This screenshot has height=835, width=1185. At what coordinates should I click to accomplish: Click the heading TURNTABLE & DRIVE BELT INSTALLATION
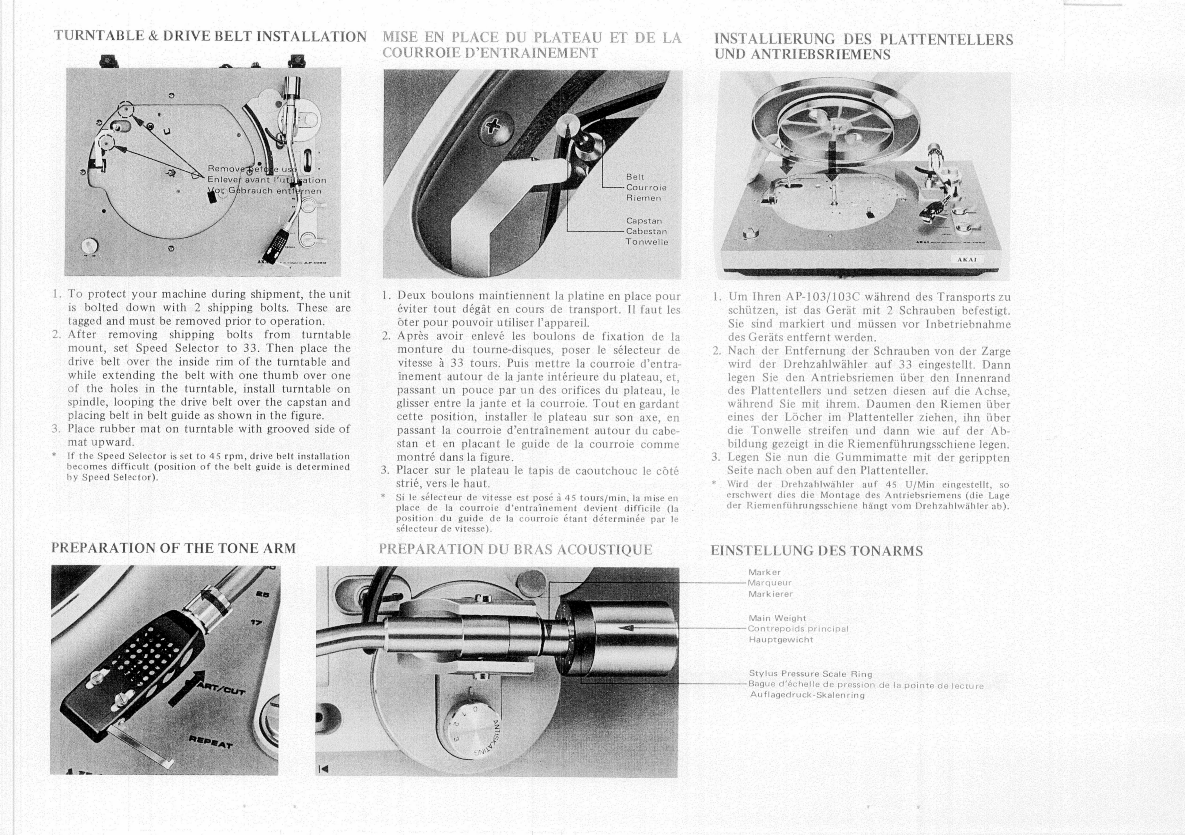(x=210, y=37)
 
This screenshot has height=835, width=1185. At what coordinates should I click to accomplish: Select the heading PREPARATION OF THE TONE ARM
(x=173, y=548)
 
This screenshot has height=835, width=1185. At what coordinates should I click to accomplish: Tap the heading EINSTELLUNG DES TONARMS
(x=816, y=551)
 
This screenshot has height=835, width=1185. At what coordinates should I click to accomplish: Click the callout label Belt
(x=635, y=177)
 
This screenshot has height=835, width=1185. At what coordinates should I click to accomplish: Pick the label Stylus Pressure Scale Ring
(x=810, y=674)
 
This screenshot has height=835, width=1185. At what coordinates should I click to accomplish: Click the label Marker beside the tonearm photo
(x=764, y=572)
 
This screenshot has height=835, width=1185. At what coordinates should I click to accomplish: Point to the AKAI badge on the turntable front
(x=967, y=259)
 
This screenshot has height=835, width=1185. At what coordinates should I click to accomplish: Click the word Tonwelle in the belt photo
(x=647, y=242)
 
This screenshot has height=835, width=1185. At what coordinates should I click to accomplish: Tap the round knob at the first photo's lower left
(x=91, y=245)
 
